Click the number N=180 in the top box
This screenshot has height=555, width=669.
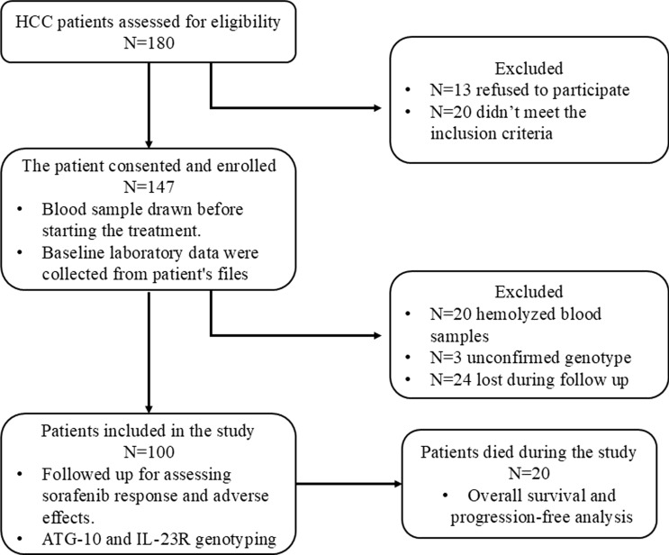click(149, 43)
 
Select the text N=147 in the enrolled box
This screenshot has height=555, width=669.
click(149, 187)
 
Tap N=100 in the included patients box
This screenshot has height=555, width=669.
click(149, 452)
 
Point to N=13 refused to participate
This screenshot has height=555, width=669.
click(529, 90)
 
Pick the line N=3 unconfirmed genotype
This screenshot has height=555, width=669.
click(530, 358)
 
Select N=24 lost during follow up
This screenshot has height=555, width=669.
click(529, 379)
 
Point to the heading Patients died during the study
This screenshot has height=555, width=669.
click(529, 451)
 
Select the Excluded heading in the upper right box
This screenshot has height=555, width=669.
click(529, 68)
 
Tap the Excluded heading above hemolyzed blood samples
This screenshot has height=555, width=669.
click(529, 292)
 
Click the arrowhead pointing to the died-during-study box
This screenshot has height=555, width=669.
click(398, 484)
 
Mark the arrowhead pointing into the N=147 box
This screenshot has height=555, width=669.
click(149, 143)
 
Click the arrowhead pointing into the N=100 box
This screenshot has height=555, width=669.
click(149, 408)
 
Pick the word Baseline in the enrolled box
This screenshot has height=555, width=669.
click(72, 253)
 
